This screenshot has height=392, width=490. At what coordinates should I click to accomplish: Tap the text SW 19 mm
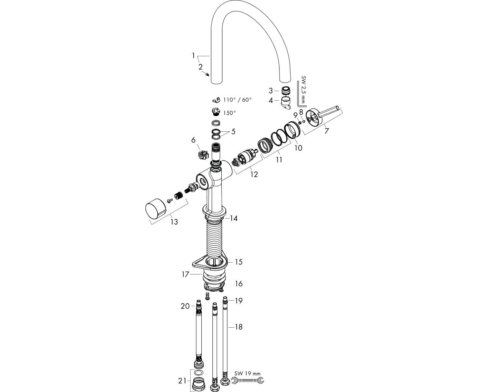tap(247, 373)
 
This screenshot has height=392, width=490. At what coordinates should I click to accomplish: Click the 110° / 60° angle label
tap(237, 100)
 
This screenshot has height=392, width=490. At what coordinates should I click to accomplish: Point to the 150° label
tap(229, 113)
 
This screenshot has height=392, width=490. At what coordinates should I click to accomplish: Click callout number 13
tap(174, 222)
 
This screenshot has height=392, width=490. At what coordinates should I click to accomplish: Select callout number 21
tap(183, 381)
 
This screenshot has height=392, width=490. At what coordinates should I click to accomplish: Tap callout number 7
tap(326, 131)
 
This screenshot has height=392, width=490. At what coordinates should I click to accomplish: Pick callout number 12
tap(254, 175)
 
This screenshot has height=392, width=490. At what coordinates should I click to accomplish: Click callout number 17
tap(185, 274)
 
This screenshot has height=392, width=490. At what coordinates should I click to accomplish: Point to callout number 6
tap(194, 140)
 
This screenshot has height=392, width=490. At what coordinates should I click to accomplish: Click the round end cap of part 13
tap(155, 211)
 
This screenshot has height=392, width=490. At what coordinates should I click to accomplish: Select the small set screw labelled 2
tap(207, 74)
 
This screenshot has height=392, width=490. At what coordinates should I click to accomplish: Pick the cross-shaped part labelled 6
tap(202, 155)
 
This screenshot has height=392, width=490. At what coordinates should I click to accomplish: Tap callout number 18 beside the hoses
tap(238, 327)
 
